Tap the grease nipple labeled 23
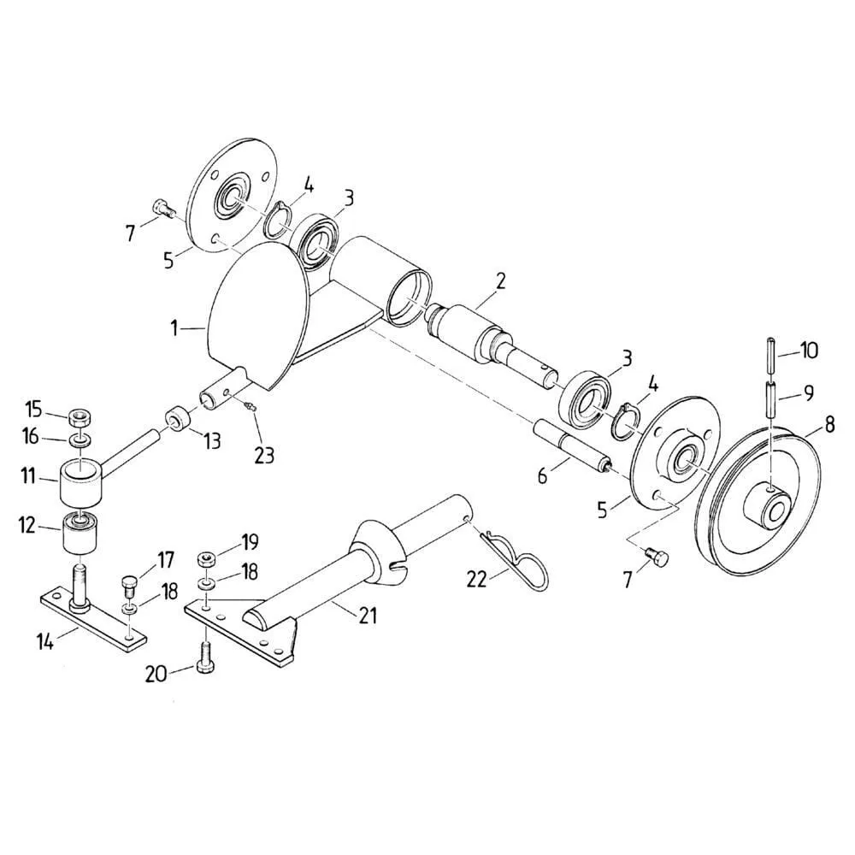coord(251,405)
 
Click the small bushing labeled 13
coord(177,418)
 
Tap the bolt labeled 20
coord(204,657)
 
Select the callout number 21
coord(368,616)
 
